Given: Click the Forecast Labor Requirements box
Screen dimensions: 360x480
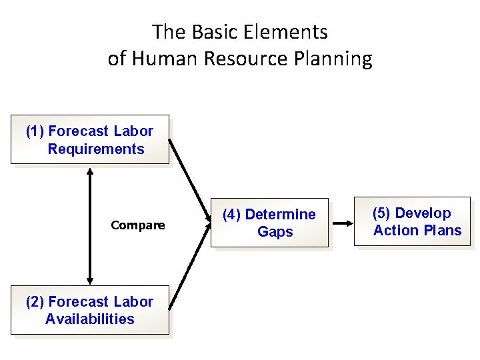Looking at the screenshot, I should coord(89,140).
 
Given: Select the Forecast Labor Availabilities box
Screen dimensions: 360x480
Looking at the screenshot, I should coord(89,311).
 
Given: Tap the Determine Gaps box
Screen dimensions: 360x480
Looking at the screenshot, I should coord(269,223).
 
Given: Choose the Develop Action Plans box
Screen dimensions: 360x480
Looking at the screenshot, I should coord(412,222).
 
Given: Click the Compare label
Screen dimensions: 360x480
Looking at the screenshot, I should coord(138,225).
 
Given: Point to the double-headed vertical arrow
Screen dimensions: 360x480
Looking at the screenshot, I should coord(90,225).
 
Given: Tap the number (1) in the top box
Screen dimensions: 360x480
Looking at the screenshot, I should coord(35,131).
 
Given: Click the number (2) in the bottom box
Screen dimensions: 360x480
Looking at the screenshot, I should coord(35,302).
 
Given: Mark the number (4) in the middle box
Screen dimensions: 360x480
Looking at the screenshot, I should coord(232,215).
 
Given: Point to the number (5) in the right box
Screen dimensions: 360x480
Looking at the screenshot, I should coord(382,213).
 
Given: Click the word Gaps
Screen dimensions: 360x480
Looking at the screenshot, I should coord(275,232).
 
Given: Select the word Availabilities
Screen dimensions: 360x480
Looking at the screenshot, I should coord(90,319).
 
